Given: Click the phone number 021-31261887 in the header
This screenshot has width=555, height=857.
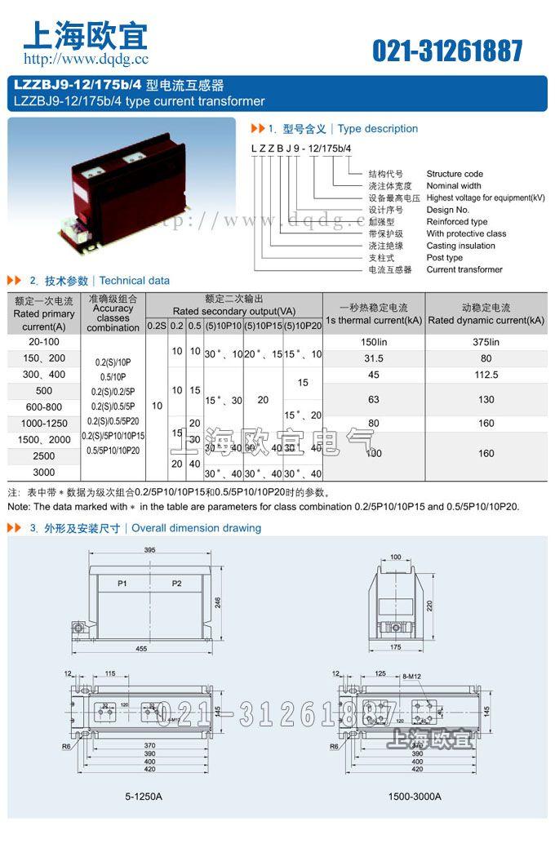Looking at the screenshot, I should [447, 51].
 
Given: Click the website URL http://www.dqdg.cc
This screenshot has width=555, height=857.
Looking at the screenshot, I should [86, 60].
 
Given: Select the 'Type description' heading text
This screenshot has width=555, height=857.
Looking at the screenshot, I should [377, 129].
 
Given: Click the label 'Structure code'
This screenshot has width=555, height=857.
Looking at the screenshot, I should [455, 174].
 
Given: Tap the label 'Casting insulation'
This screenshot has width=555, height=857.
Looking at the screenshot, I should [460, 246].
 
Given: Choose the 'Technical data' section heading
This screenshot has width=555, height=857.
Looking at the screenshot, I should [135, 281].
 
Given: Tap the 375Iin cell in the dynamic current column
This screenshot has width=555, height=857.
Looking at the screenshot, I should [486, 342].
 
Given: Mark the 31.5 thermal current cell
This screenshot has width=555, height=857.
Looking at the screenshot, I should [373, 358].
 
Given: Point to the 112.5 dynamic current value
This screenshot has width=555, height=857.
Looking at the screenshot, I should [486, 375].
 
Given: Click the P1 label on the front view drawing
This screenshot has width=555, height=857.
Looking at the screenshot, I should [122, 584].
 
